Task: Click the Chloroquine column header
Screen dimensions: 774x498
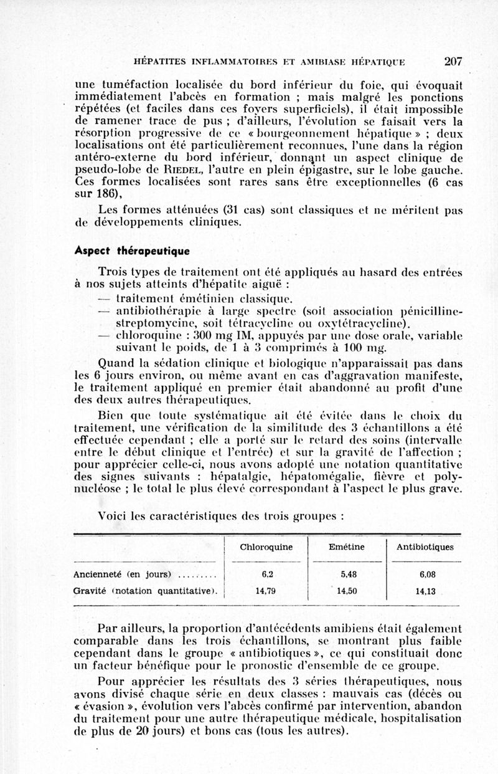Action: click(266, 547)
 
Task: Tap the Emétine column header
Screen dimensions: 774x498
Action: click(347, 547)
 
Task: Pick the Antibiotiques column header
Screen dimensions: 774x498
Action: click(425, 547)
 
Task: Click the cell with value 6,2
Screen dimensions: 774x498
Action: click(266, 575)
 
